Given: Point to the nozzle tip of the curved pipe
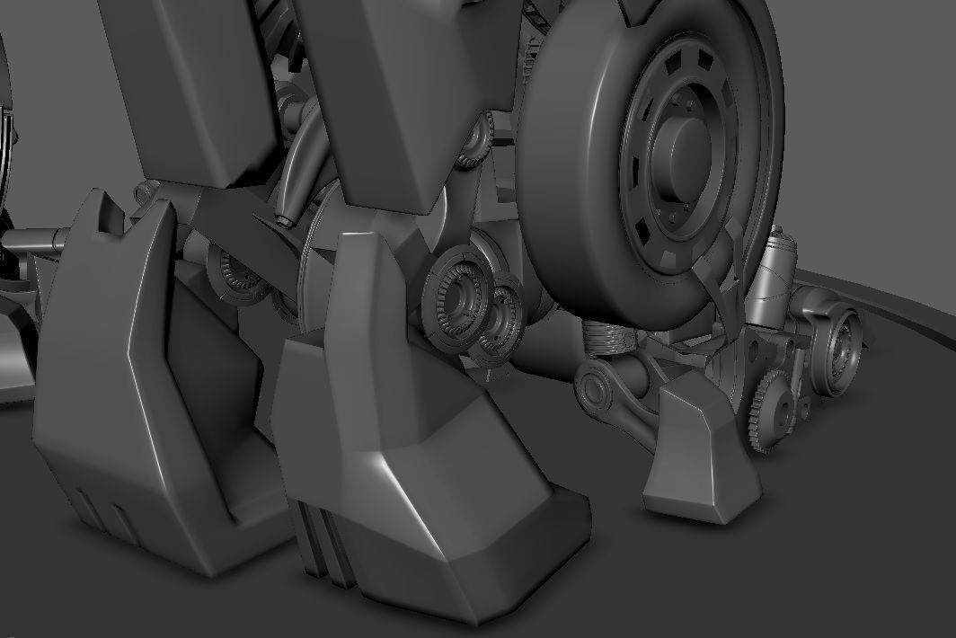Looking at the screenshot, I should pyautogui.click(x=287, y=219).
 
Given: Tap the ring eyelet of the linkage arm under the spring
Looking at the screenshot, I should pyautogui.click(x=594, y=389).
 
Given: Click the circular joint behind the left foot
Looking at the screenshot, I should pyautogui.click(x=235, y=274).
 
